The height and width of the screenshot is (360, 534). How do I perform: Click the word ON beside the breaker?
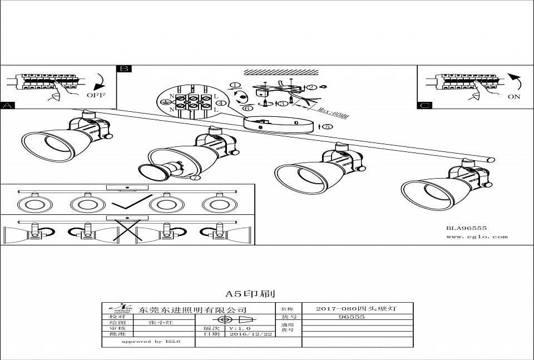pyautogui.click(x=513, y=96)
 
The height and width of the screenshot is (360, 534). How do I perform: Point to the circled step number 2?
pyautogui.click(x=311, y=87)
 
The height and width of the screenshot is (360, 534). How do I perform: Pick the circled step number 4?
pyautogui.click(x=220, y=103)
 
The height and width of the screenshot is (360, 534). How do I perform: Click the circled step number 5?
pyautogui.click(x=328, y=127)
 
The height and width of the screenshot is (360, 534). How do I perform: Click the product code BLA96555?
pyautogui.click(x=466, y=228)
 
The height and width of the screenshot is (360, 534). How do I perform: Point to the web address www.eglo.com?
pyautogui.click(x=477, y=236)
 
